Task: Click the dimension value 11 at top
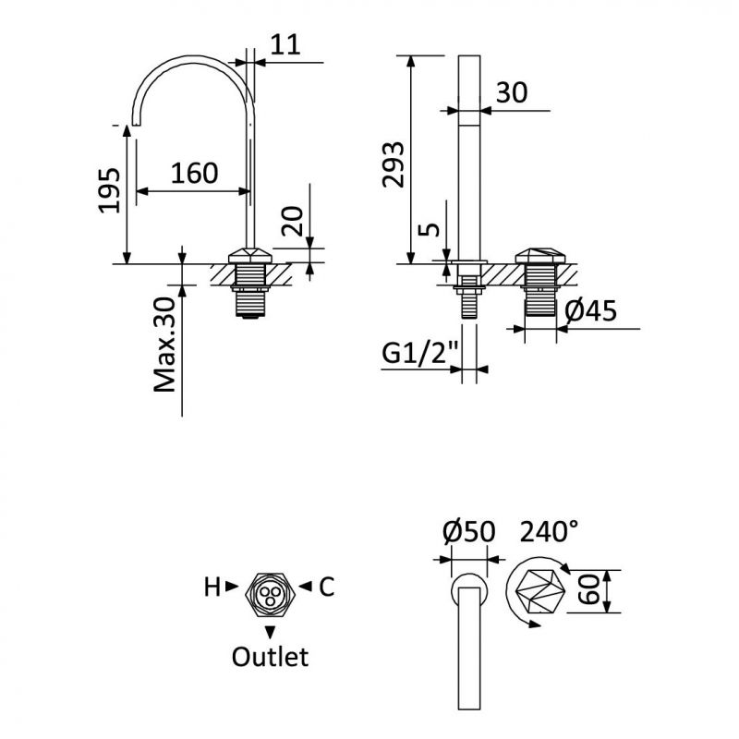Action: [x=288, y=46]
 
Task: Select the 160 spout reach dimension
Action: [x=194, y=174]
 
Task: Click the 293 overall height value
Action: [x=394, y=164]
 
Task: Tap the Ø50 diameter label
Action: [x=469, y=533]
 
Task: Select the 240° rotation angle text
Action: [x=551, y=532]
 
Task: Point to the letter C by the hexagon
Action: [x=327, y=587]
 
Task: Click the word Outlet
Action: [x=270, y=658]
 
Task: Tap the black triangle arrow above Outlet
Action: [x=270, y=632]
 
